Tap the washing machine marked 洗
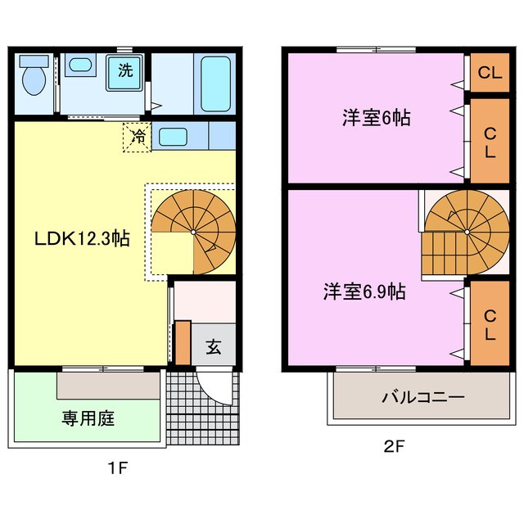pos(125,71)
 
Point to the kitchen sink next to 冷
pos(173,136)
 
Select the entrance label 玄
pos(213,346)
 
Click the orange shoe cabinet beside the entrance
pos(182,342)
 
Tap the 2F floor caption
pos(395,448)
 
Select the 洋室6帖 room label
pos(376,118)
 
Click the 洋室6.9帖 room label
pos(364,291)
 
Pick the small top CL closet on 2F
pos(490,74)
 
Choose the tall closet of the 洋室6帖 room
pos(490,142)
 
